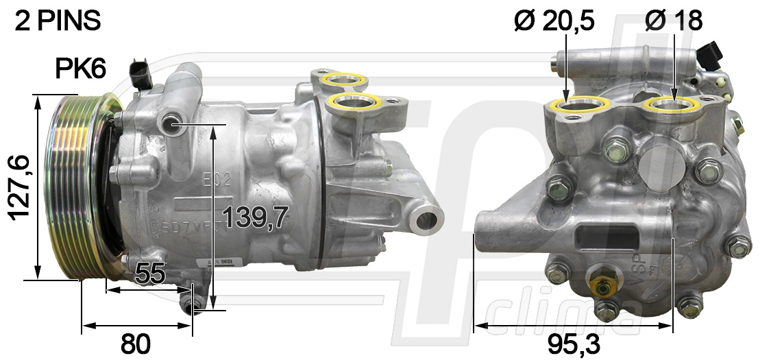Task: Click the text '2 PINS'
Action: point(58,21)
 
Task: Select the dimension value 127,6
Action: point(19,187)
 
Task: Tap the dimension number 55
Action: point(150,274)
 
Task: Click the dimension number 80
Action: point(135,344)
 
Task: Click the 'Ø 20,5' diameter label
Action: point(554,21)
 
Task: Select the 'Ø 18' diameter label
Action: point(674,21)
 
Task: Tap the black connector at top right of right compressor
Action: point(713,53)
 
